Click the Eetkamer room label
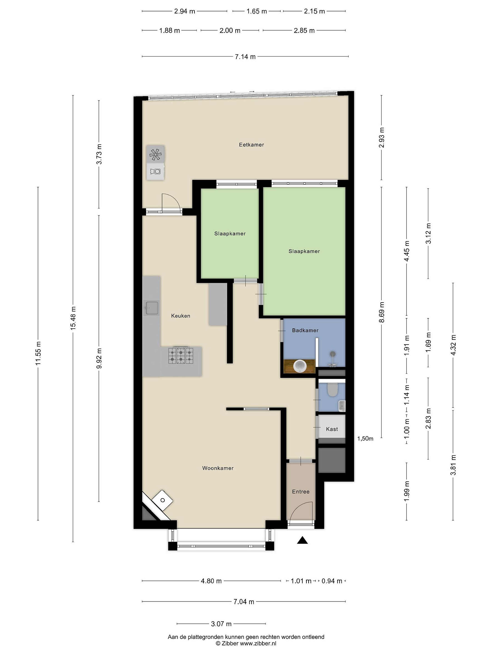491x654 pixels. click(251, 145)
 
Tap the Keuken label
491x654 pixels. click(180, 316)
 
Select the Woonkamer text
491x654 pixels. click(218, 468)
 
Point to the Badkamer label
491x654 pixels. click(305, 330)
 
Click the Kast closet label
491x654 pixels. click(332, 429)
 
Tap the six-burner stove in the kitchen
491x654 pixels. click(180, 356)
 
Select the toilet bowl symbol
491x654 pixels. click(333, 390)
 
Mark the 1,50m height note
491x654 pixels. click(365, 439)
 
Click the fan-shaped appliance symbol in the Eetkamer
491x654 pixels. click(155, 154)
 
